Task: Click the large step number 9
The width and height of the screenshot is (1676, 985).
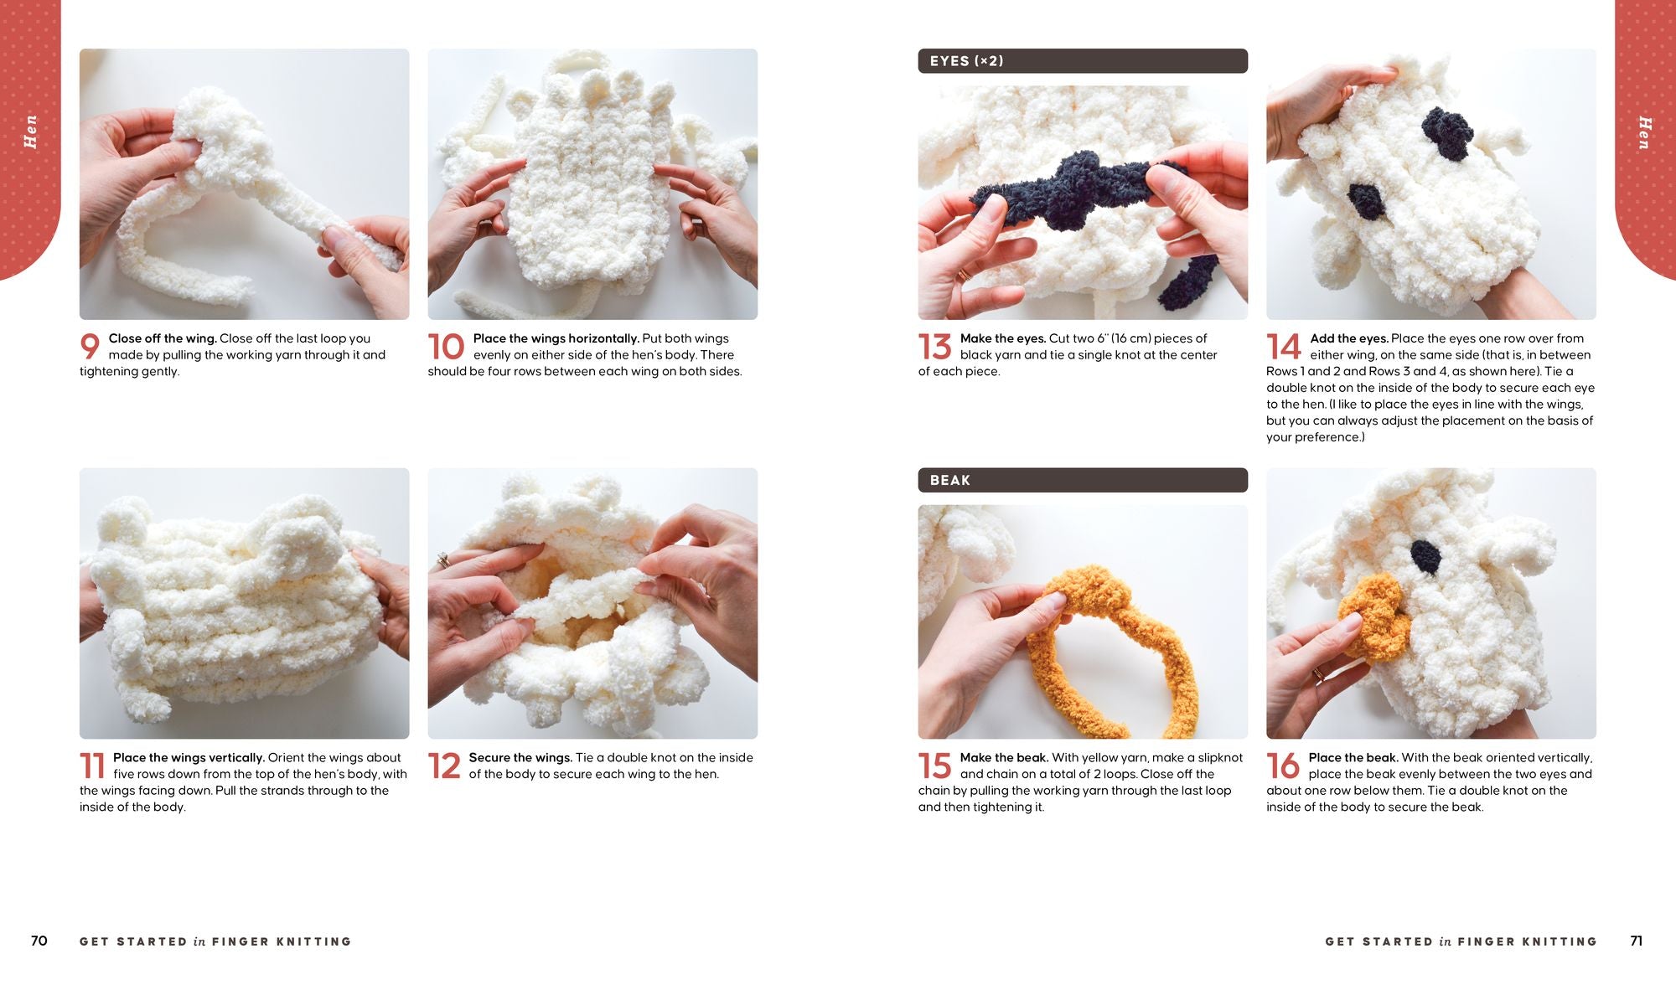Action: (90, 346)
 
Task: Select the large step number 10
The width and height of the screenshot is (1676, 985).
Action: (446, 346)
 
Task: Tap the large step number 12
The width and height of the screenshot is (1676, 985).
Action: (444, 766)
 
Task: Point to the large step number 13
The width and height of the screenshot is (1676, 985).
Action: (934, 346)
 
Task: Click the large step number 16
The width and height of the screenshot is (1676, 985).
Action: (1283, 766)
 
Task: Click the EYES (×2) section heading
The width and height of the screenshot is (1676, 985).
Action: (966, 61)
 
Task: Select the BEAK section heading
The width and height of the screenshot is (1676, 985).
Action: (949, 480)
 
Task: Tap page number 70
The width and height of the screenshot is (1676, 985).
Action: (39, 941)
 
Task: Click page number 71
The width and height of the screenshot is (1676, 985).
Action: (1636, 941)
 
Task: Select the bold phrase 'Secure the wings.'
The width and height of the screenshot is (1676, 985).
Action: (520, 757)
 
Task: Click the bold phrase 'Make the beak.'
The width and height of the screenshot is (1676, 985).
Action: (1004, 757)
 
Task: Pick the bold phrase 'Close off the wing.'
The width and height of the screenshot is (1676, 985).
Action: (163, 338)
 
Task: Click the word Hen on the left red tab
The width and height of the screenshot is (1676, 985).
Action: (31, 132)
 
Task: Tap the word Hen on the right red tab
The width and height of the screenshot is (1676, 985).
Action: (1644, 133)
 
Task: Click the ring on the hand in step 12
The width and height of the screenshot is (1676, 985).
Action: (442, 560)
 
